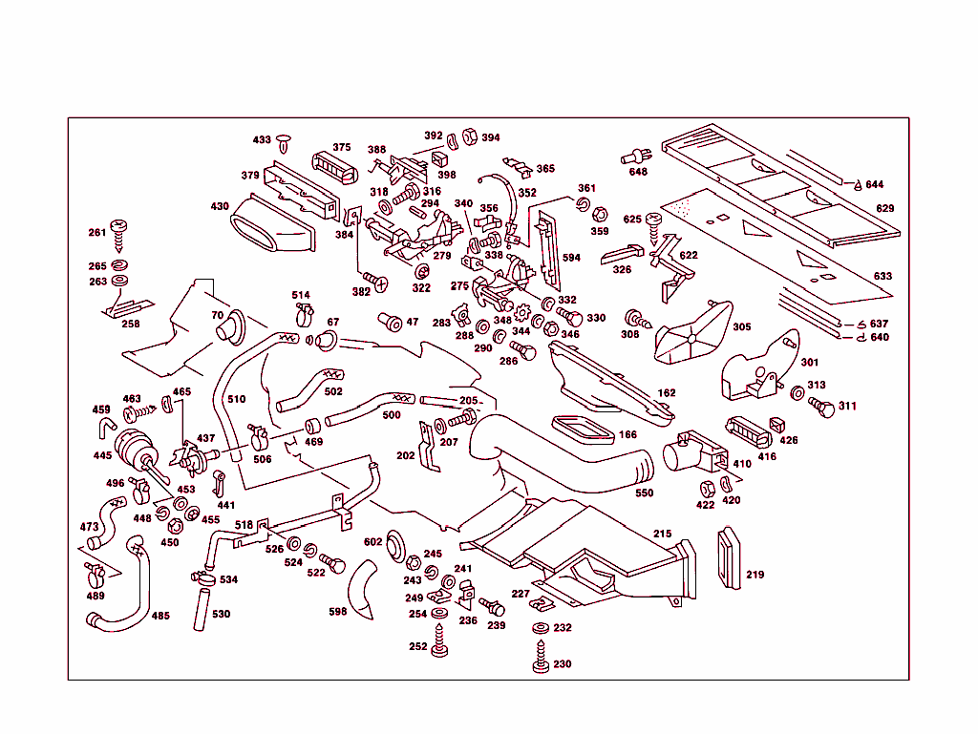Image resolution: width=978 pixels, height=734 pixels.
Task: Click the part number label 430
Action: pyautogui.click(x=220, y=206)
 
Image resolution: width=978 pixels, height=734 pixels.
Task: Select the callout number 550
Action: pyautogui.click(x=645, y=493)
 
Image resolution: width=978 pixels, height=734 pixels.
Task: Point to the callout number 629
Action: pyautogui.click(x=885, y=208)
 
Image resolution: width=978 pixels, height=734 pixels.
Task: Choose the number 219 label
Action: pyautogui.click(x=755, y=575)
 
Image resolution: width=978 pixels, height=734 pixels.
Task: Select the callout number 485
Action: pyautogui.click(x=160, y=616)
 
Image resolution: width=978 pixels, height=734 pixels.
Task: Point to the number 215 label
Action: pyautogui.click(x=662, y=533)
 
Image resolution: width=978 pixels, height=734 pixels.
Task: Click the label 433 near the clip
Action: pyautogui.click(x=262, y=140)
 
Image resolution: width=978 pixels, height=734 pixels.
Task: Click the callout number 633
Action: pyautogui.click(x=882, y=277)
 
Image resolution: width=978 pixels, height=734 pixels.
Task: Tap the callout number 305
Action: pyautogui.click(x=742, y=326)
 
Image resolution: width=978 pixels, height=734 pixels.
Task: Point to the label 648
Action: pyautogui.click(x=638, y=172)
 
